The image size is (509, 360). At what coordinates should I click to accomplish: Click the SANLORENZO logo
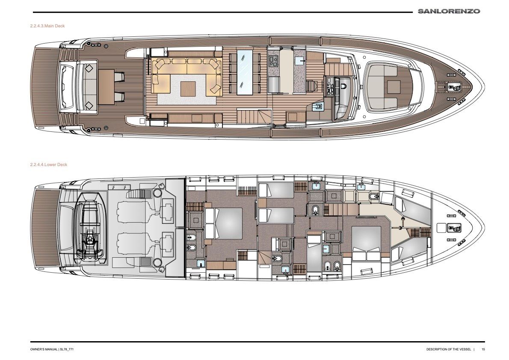[x=449, y=12]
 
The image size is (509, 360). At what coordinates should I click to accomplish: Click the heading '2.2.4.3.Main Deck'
[x=47, y=26]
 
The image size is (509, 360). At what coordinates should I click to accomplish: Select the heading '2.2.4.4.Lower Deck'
[x=49, y=165]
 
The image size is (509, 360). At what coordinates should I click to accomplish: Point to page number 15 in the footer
[x=483, y=350]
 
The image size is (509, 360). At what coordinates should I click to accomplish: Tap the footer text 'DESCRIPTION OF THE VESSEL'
[x=449, y=350]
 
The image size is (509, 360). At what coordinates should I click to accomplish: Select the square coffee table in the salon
[x=188, y=89]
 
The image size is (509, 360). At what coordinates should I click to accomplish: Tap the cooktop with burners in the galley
[x=273, y=61]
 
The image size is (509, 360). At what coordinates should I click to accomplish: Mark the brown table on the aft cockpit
[x=107, y=87]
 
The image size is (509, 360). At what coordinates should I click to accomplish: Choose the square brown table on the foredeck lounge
[x=394, y=87]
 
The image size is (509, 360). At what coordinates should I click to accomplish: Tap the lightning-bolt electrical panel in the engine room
[x=119, y=187]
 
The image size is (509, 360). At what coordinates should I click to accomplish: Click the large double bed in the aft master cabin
[x=224, y=223]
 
